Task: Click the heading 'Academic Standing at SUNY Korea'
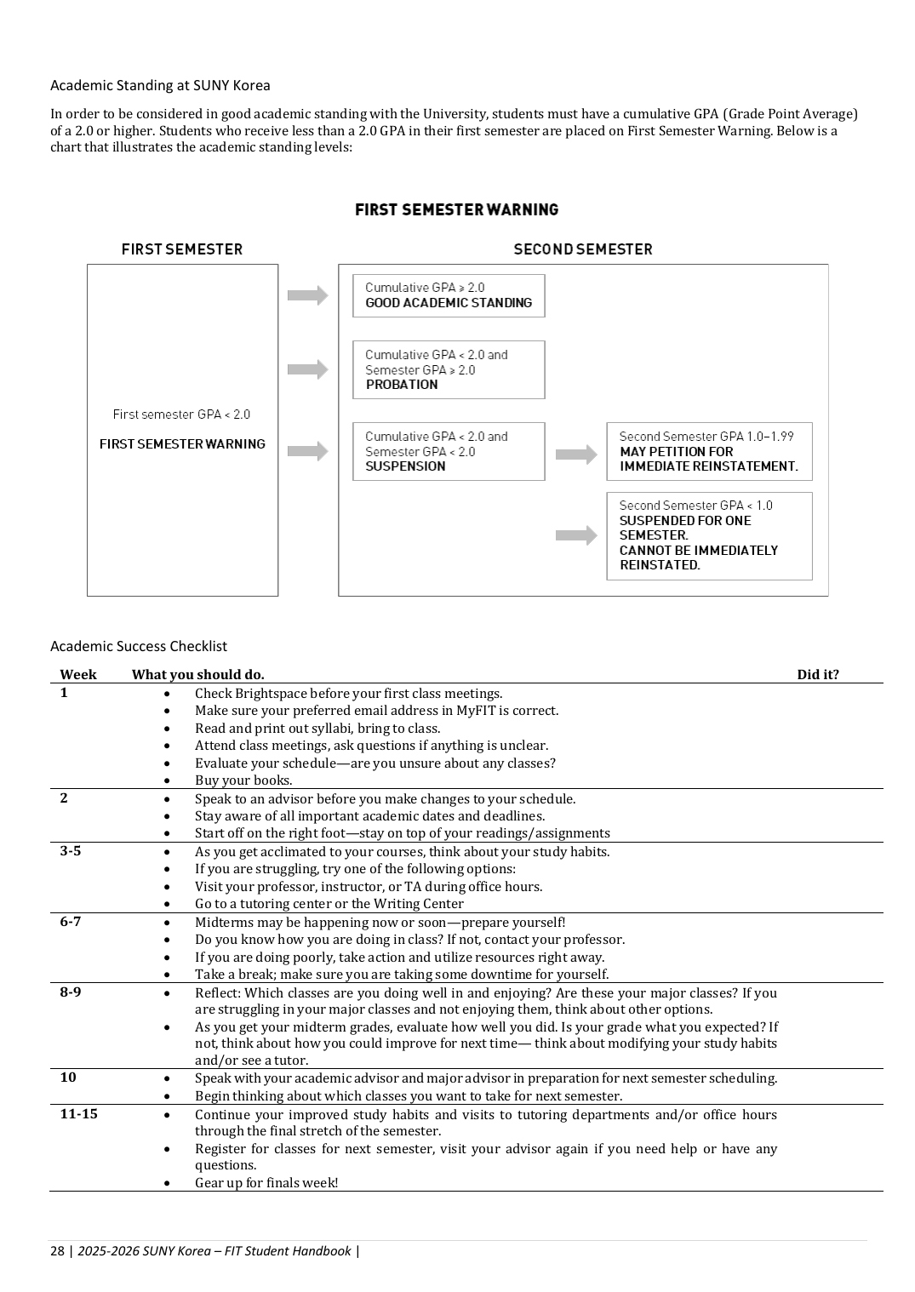click(160, 85)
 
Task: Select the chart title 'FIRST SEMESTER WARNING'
click(456, 209)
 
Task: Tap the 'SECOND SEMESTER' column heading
click(582, 249)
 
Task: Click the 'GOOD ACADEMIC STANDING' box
click(449, 295)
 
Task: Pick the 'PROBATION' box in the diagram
click(449, 369)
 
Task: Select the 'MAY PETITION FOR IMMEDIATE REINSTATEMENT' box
click(709, 451)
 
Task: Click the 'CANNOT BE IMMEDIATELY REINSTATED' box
click(709, 535)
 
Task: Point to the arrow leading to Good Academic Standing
click(307, 295)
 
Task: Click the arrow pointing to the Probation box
click(307, 369)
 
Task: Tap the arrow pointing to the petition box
click(576, 454)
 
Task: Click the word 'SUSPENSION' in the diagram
click(405, 466)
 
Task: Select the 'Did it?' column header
click(817, 675)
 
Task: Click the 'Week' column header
click(78, 675)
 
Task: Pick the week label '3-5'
click(71, 851)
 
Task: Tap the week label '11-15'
click(78, 1113)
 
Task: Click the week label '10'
click(68, 1078)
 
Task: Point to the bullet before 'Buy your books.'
click(167, 780)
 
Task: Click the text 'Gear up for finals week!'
click(266, 1182)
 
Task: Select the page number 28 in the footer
click(57, 1250)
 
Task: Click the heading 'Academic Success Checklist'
click(139, 646)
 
